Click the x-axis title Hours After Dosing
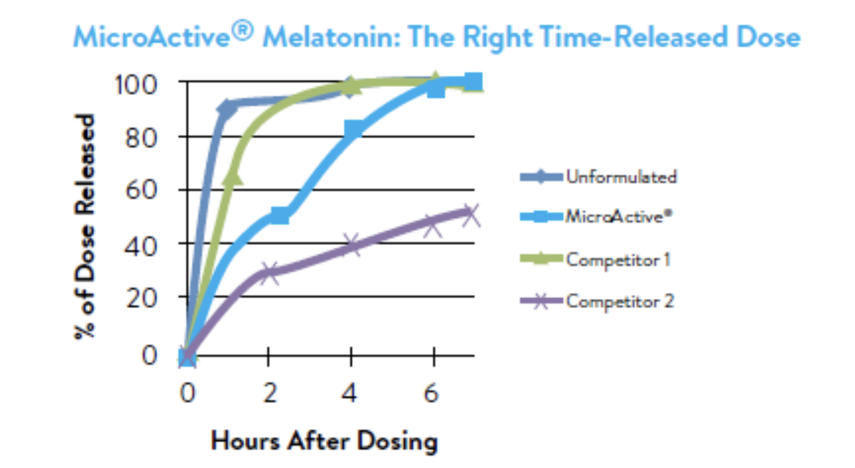(325, 440)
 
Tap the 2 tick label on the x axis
(269, 394)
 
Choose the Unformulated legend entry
(621, 177)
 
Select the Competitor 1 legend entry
(618, 259)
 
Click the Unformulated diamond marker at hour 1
(227, 110)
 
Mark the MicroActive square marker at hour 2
(279, 216)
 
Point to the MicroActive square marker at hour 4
(353, 129)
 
